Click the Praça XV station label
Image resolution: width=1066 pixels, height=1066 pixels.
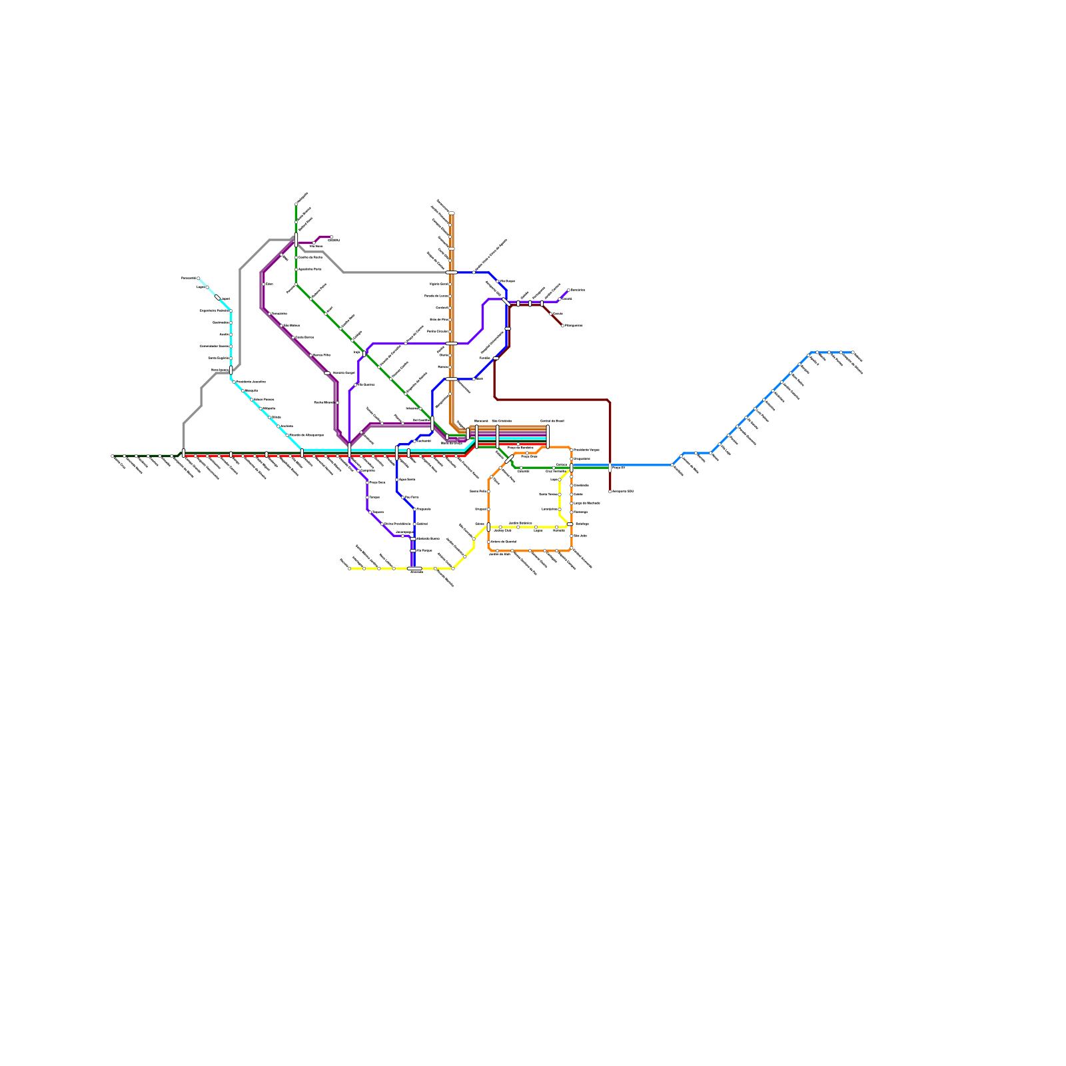pyautogui.click(x=618, y=468)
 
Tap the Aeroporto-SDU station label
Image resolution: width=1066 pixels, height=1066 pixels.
pyautogui.click(x=623, y=491)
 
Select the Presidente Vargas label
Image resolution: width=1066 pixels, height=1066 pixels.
pyautogui.click(x=587, y=450)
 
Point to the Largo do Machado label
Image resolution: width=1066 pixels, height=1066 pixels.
pyautogui.click(x=587, y=503)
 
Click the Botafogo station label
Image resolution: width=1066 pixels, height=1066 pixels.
pyautogui.click(x=582, y=524)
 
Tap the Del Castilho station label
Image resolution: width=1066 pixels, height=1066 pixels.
pyautogui.click(x=421, y=420)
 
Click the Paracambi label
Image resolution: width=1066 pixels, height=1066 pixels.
pyautogui.click(x=189, y=278)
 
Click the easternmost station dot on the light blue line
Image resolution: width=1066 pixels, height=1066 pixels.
pyautogui.click(x=853, y=352)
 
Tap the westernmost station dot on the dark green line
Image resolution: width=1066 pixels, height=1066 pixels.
pyautogui.click(x=113, y=456)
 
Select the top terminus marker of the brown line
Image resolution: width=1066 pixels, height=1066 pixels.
pyautogui.click(x=451, y=213)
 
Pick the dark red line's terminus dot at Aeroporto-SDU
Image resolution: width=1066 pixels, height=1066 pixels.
pyautogui.click(x=610, y=492)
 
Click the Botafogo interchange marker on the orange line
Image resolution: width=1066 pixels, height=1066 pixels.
pyautogui.click(x=570, y=524)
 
